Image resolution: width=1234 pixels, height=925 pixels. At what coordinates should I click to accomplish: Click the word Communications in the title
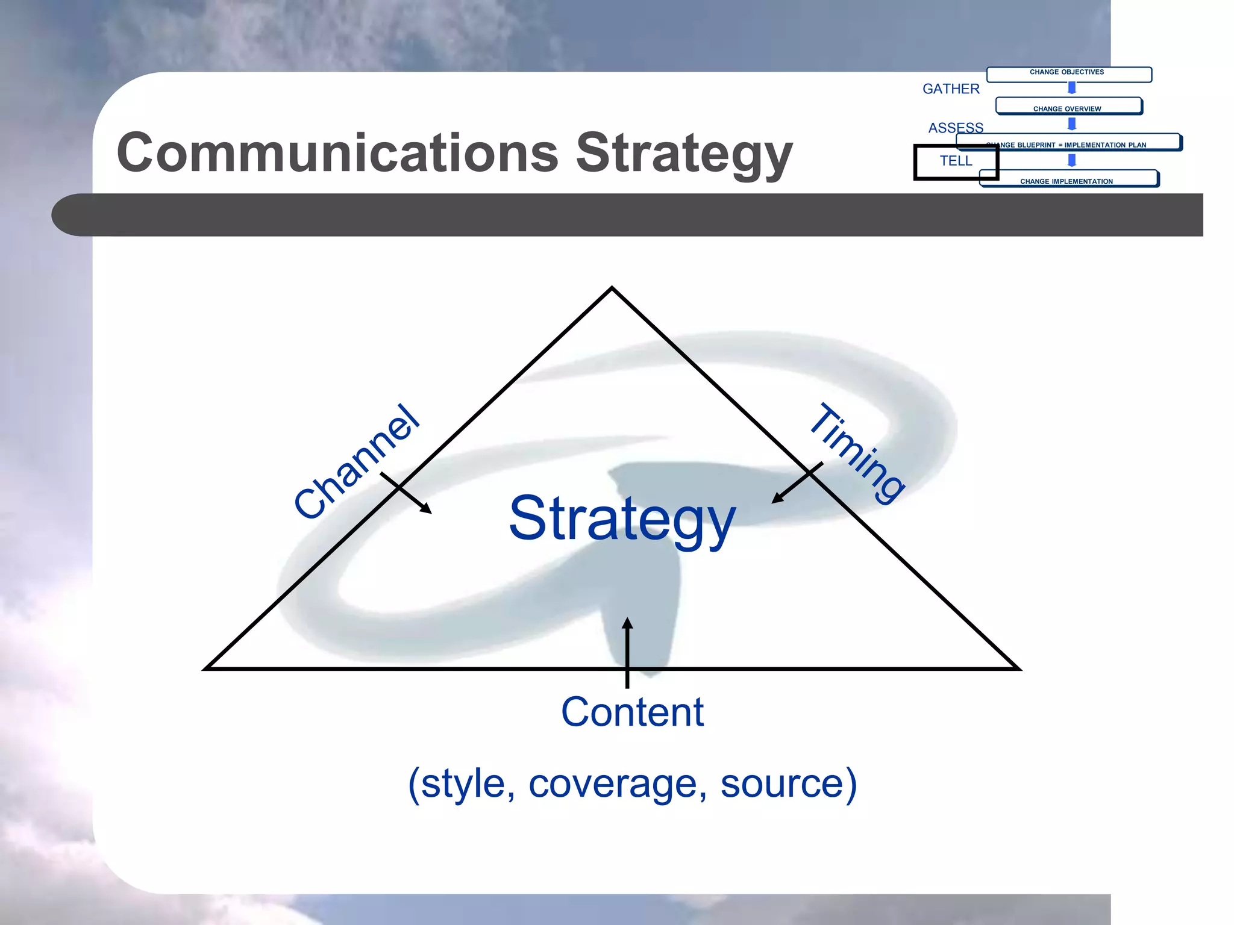click(337, 153)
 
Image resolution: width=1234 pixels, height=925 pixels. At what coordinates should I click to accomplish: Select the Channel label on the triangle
click(356, 462)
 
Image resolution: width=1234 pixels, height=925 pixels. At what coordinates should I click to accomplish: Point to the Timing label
click(857, 453)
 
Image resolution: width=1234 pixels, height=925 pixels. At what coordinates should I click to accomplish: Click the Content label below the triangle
click(632, 712)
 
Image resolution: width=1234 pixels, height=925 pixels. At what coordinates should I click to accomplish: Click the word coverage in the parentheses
click(617, 784)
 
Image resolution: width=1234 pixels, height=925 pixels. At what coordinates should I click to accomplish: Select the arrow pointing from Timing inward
click(797, 482)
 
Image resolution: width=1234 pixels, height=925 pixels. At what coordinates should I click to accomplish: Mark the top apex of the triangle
click(612, 288)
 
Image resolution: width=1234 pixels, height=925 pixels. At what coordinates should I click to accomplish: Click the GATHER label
click(951, 89)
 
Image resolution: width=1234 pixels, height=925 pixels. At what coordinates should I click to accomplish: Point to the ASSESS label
click(956, 128)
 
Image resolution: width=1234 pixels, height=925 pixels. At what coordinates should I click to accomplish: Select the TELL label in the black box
click(956, 161)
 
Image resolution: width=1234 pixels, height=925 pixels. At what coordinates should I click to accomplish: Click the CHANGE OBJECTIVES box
click(1068, 74)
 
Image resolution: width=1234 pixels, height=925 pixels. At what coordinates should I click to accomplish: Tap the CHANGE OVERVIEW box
click(1068, 107)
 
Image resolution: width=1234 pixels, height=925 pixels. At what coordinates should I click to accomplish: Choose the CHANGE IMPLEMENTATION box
click(1068, 179)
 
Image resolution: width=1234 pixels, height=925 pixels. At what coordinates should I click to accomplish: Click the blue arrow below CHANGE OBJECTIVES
click(1072, 89)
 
